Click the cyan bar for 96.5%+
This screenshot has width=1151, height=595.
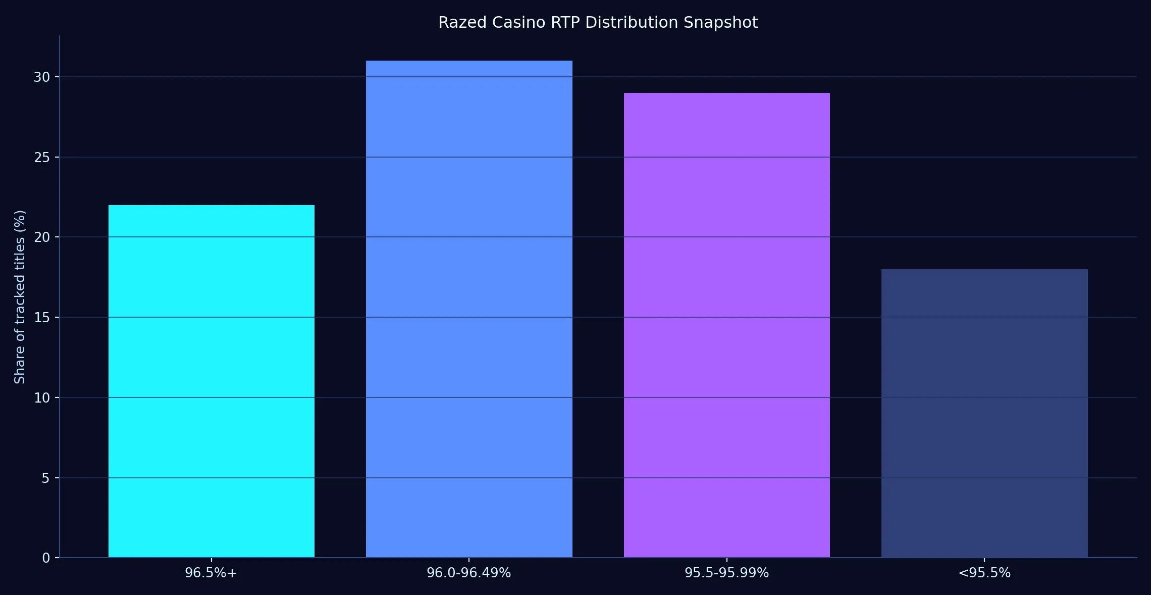212,381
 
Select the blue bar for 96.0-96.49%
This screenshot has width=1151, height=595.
469,309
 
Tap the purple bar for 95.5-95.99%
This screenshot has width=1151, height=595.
727,325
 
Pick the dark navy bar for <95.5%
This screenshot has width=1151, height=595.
984,413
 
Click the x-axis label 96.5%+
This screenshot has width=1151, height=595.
211,573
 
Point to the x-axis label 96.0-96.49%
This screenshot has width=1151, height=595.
469,573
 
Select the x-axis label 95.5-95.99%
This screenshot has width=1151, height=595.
727,573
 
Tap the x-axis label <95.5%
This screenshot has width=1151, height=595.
984,573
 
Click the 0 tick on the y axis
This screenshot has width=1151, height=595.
46,558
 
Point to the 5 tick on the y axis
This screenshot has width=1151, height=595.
46,478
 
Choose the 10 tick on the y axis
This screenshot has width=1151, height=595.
42,398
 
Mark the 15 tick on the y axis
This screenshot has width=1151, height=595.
42,318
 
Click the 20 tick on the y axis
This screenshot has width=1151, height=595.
42,237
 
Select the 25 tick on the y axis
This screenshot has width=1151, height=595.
42,158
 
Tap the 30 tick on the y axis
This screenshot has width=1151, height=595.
42,77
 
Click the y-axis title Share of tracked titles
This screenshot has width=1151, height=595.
20,297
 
